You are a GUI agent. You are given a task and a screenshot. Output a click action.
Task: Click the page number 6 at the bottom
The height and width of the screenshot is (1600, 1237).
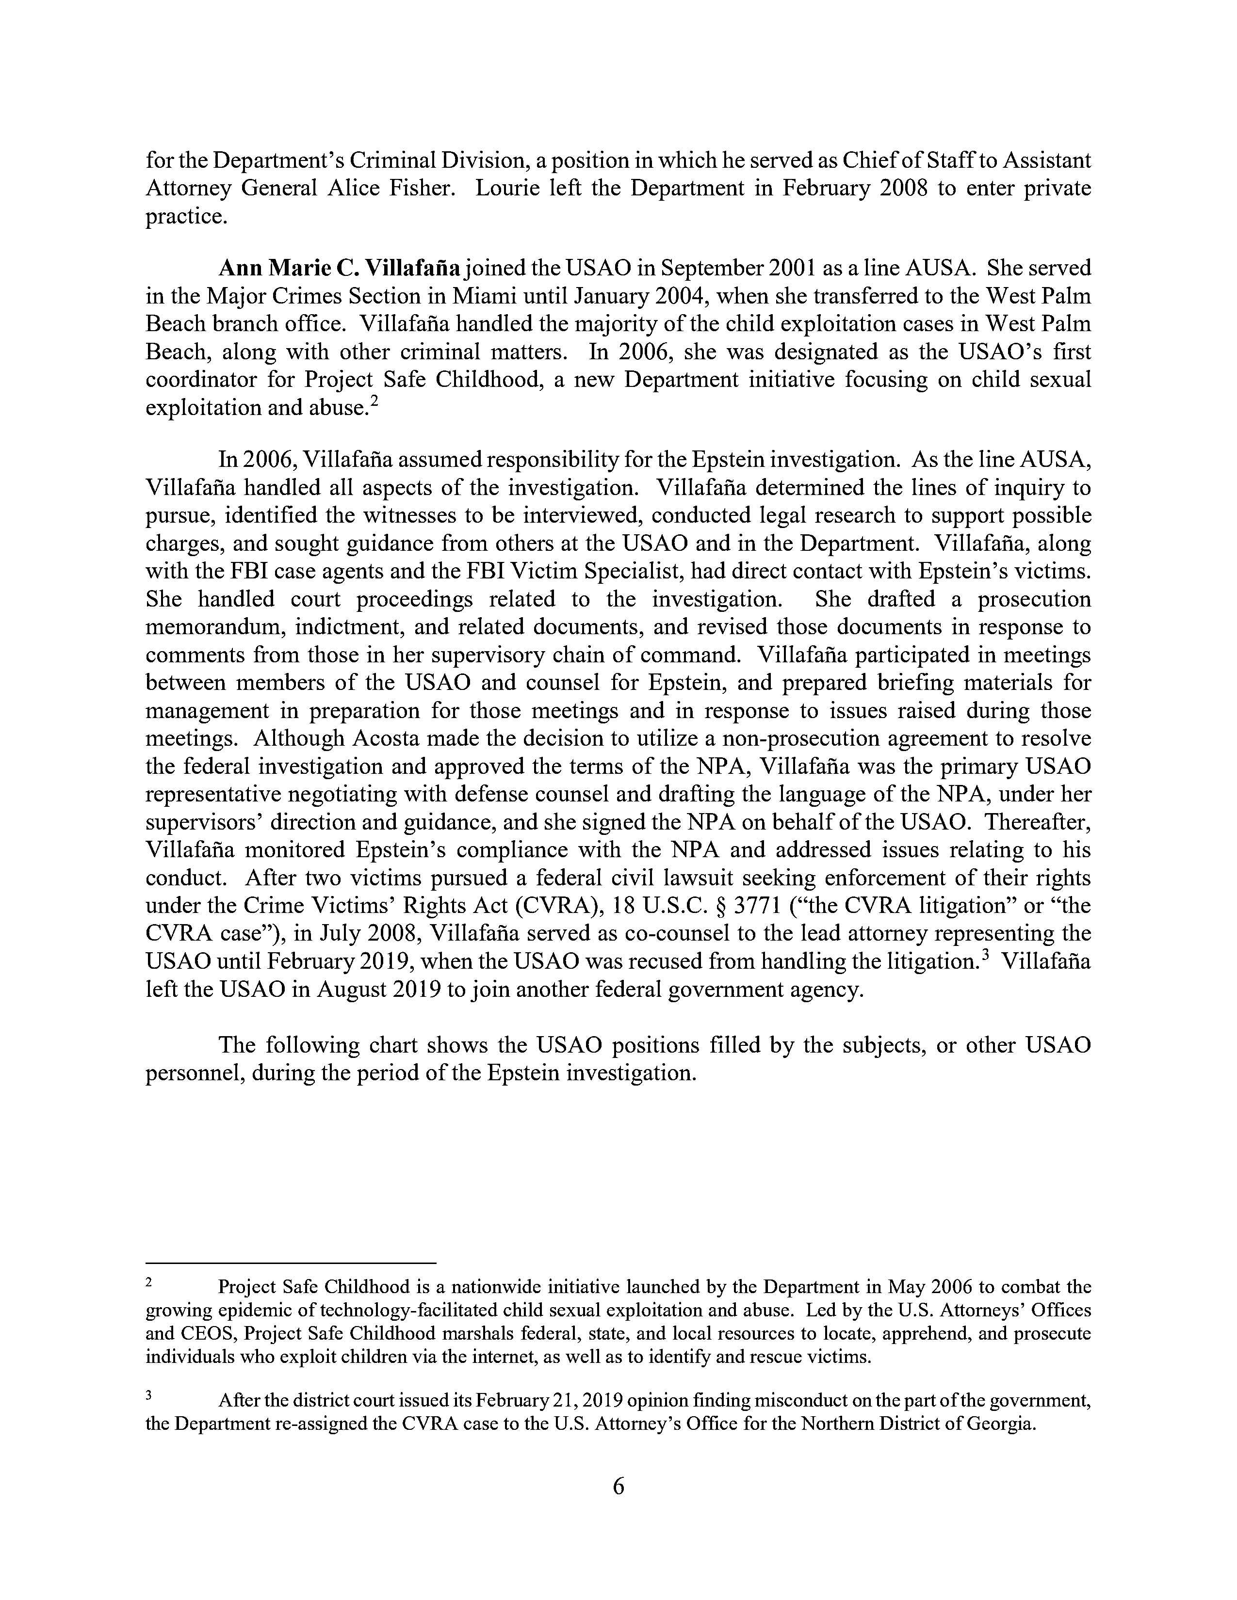[x=618, y=1487]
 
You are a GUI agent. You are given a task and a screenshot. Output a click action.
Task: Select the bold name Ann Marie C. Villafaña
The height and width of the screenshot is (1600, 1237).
[x=339, y=268]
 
